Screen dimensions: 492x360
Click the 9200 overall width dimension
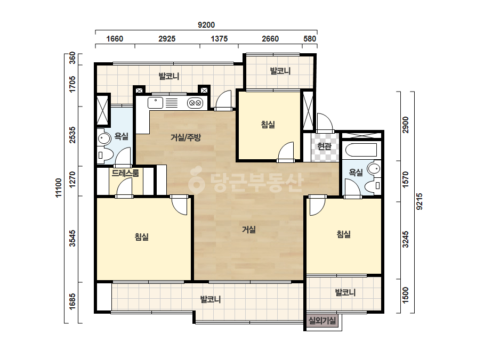point(206,25)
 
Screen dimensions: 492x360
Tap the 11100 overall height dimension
point(59,188)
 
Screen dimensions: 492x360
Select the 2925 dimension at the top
point(167,38)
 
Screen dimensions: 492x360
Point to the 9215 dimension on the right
point(419,201)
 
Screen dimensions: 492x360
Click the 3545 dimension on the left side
point(72,239)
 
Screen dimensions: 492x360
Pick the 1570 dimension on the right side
point(406,179)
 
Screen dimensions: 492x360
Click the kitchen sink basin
point(155,103)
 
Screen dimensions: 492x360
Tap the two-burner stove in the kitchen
point(195,103)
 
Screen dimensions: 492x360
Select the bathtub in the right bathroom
point(361,150)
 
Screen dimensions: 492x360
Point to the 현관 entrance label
point(325,146)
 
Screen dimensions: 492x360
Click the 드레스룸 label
point(125,173)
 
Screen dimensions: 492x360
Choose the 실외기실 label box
point(322,321)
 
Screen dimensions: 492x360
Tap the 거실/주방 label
point(185,137)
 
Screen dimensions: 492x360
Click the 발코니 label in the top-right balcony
point(280,71)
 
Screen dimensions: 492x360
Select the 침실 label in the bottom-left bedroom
point(141,237)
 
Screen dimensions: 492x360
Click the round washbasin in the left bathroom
point(104,138)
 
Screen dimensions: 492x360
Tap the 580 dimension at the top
point(310,38)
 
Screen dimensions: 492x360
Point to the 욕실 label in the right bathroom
point(356,172)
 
